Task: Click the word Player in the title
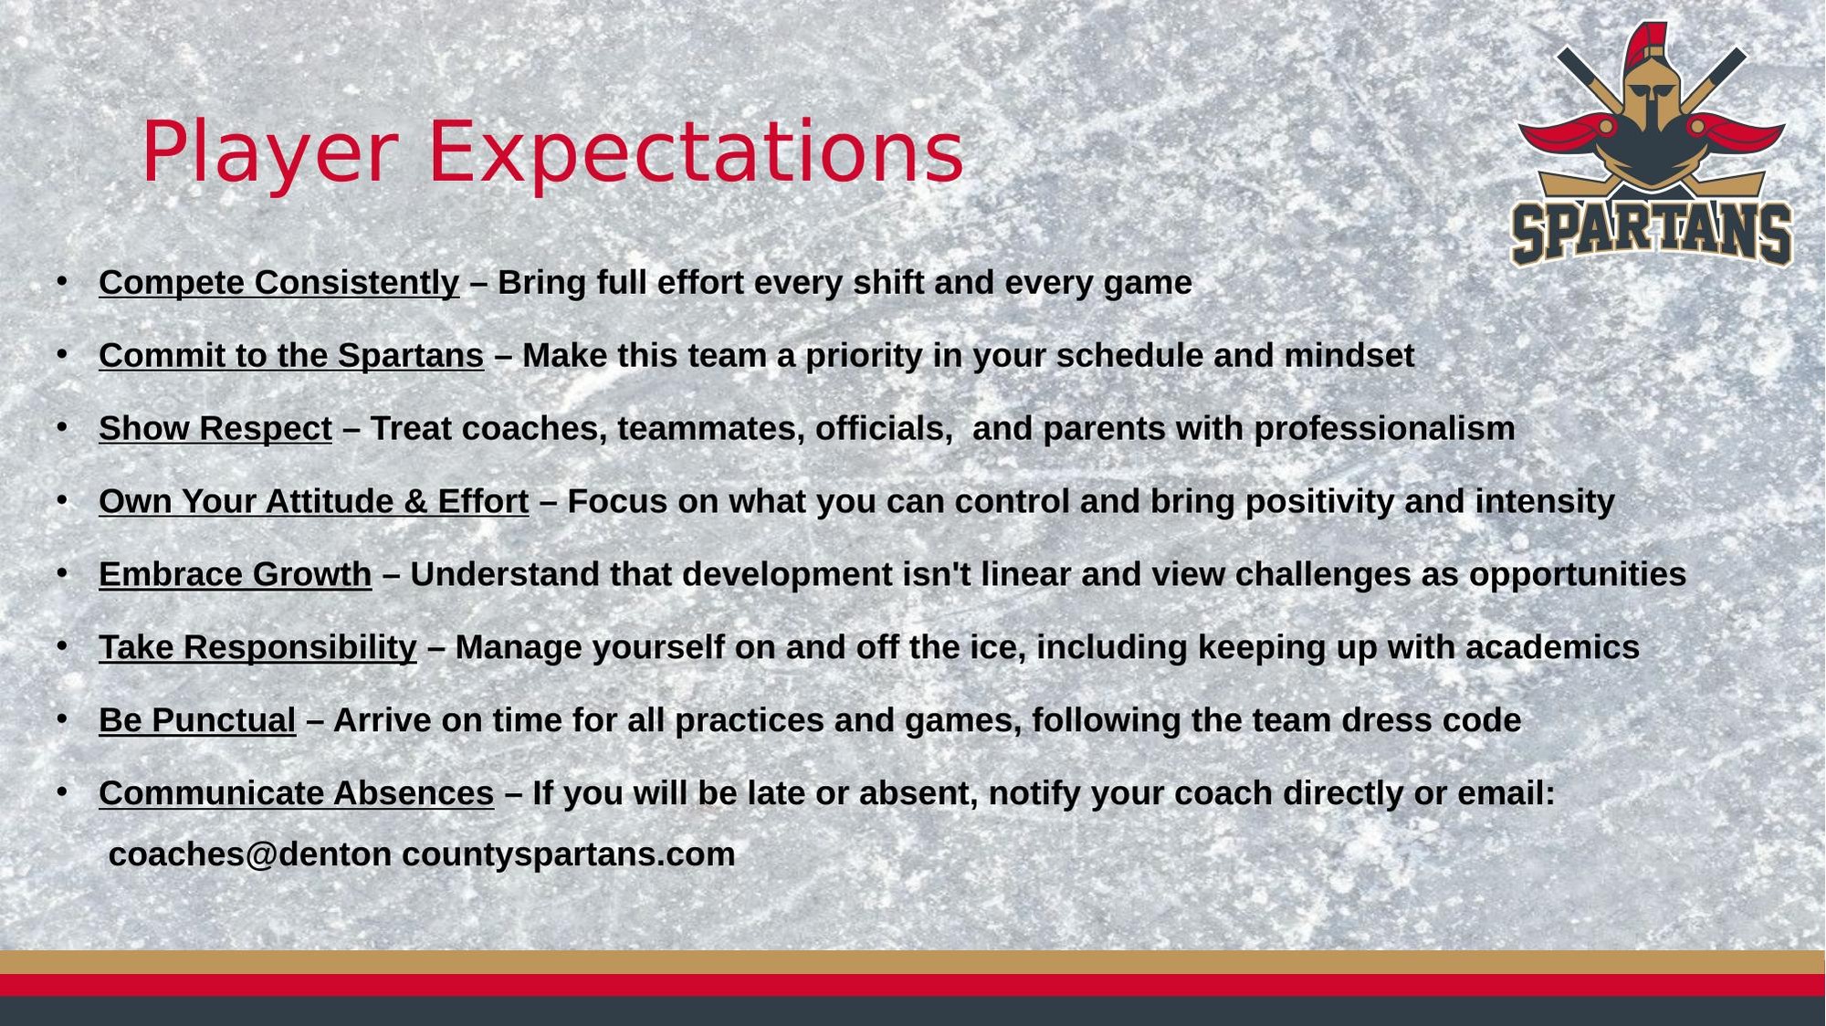point(270,153)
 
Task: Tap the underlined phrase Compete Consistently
point(278,283)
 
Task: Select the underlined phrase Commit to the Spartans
point(291,356)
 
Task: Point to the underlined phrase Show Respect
point(215,429)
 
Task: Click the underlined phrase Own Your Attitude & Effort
point(314,502)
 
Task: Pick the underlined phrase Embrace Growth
point(236,575)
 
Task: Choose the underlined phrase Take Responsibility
point(257,648)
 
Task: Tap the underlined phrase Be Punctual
point(197,720)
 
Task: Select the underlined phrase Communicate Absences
point(297,793)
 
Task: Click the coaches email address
point(422,854)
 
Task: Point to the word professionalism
point(1385,429)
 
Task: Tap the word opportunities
point(1578,575)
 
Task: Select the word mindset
point(1349,355)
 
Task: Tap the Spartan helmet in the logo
point(1652,110)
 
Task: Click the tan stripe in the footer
point(913,962)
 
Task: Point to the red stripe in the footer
point(913,985)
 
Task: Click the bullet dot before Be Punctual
point(62,719)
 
